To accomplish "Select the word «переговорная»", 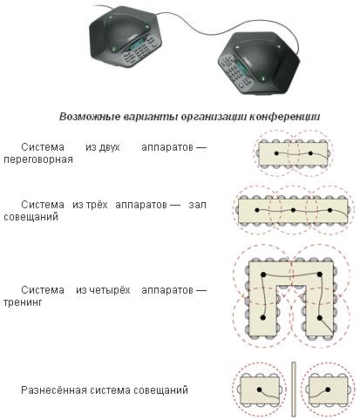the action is [x=38, y=159].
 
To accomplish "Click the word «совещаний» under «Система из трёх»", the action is [x=31, y=217].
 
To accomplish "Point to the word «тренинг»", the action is [x=23, y=302].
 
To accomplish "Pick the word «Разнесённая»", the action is [x=54, y=390].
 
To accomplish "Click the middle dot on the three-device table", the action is [x=293, y=210].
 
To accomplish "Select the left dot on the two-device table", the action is [x=276, y=153].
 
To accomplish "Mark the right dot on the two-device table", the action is [x=310, y=153].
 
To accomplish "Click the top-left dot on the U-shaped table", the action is [x=263, y=274].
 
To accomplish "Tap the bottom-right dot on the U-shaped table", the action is [x=320, y=318].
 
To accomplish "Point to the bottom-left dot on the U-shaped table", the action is [x=263, y=317].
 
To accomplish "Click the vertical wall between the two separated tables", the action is [x=294, y=390].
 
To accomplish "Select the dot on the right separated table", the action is [x=328, y=390].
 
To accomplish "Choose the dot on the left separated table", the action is [x=259, y=390].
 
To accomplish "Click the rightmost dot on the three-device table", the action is [x=329, y=210].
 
